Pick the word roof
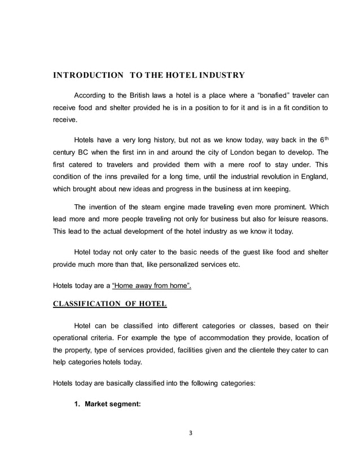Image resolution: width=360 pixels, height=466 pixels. coord(240,165)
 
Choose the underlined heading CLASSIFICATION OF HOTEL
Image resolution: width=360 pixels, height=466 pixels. coord(109,305)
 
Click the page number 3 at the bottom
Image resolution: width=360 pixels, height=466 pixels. coord(191,433)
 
